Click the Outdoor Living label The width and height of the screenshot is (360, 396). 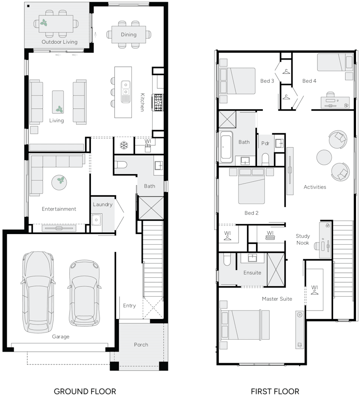tap(59, 42)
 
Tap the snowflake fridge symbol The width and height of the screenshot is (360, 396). tap(123, 145)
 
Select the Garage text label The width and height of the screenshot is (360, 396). tap(60, 337)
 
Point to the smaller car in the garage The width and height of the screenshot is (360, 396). tap(84, 292)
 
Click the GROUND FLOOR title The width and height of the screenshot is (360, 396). tap(85, 391)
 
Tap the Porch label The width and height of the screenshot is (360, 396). tap(141, 345)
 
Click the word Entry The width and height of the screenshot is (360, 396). tap(129, 306)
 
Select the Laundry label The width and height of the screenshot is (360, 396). tap(103, 204)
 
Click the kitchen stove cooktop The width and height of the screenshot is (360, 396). tap(158, 102)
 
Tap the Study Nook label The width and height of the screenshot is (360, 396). tap(303, 239)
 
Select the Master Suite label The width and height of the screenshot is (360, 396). tap(277, 299)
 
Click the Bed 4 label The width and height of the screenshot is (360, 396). tap(309, 81)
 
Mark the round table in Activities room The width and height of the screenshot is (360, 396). tap(324, 157)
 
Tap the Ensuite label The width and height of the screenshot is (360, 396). tap(252, 273)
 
